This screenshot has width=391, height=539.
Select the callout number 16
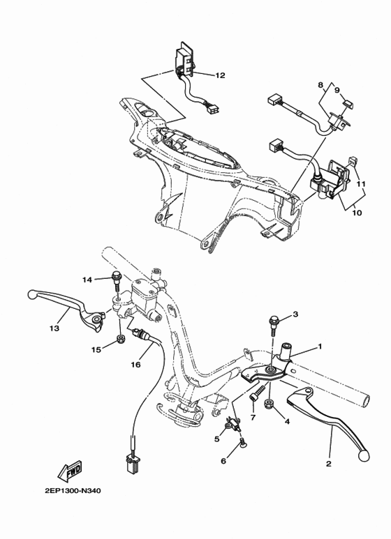(136, 364)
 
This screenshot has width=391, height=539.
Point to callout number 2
(329, 463)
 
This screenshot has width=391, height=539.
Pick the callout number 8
(320, 85)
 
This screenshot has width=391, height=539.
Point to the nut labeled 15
(121, 339)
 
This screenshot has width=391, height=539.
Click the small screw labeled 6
(242, 442)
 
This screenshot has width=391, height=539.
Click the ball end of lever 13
(31, 294)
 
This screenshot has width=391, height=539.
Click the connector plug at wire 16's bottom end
(131, 460)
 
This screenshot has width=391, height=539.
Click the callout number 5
(217, 439)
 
